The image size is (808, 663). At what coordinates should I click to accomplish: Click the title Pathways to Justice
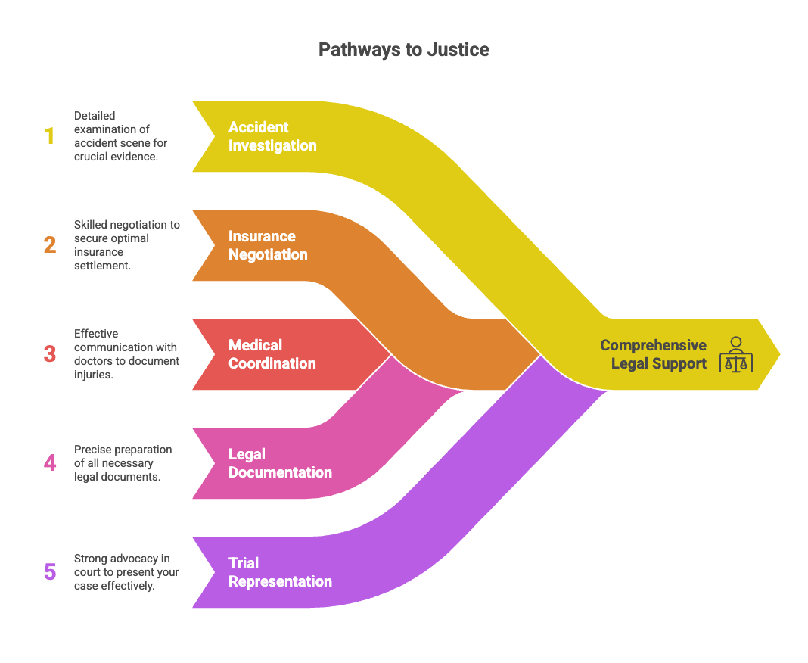pos(403,50)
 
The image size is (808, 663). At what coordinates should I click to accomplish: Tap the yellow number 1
pos(50,136)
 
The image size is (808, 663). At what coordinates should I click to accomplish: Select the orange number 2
pos(50,245)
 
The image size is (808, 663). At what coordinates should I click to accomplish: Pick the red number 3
pos(50,354)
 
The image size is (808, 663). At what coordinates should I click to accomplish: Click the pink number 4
pos(50,462)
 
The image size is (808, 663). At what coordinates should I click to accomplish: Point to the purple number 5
pos(50,571)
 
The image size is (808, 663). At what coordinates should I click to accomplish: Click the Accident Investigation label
pos(272,136)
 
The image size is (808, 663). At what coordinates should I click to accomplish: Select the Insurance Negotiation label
pos(268,245)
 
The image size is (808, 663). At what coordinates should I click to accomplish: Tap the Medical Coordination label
pos(272,354)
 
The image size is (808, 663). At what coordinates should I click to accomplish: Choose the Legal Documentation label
pos(280,463)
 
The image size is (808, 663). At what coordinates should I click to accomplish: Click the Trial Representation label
pos(280,572)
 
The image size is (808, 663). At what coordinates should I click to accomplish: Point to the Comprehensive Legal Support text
pos(654,354)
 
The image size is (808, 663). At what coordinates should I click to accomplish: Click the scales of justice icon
pos(735,354)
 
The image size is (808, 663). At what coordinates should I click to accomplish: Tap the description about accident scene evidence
pos(120,136)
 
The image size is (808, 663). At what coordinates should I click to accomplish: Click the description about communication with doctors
pos(126,354)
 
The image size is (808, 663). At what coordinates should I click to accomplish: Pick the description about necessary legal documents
pos(123,462)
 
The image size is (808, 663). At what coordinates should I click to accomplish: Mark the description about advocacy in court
pos(126,571)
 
